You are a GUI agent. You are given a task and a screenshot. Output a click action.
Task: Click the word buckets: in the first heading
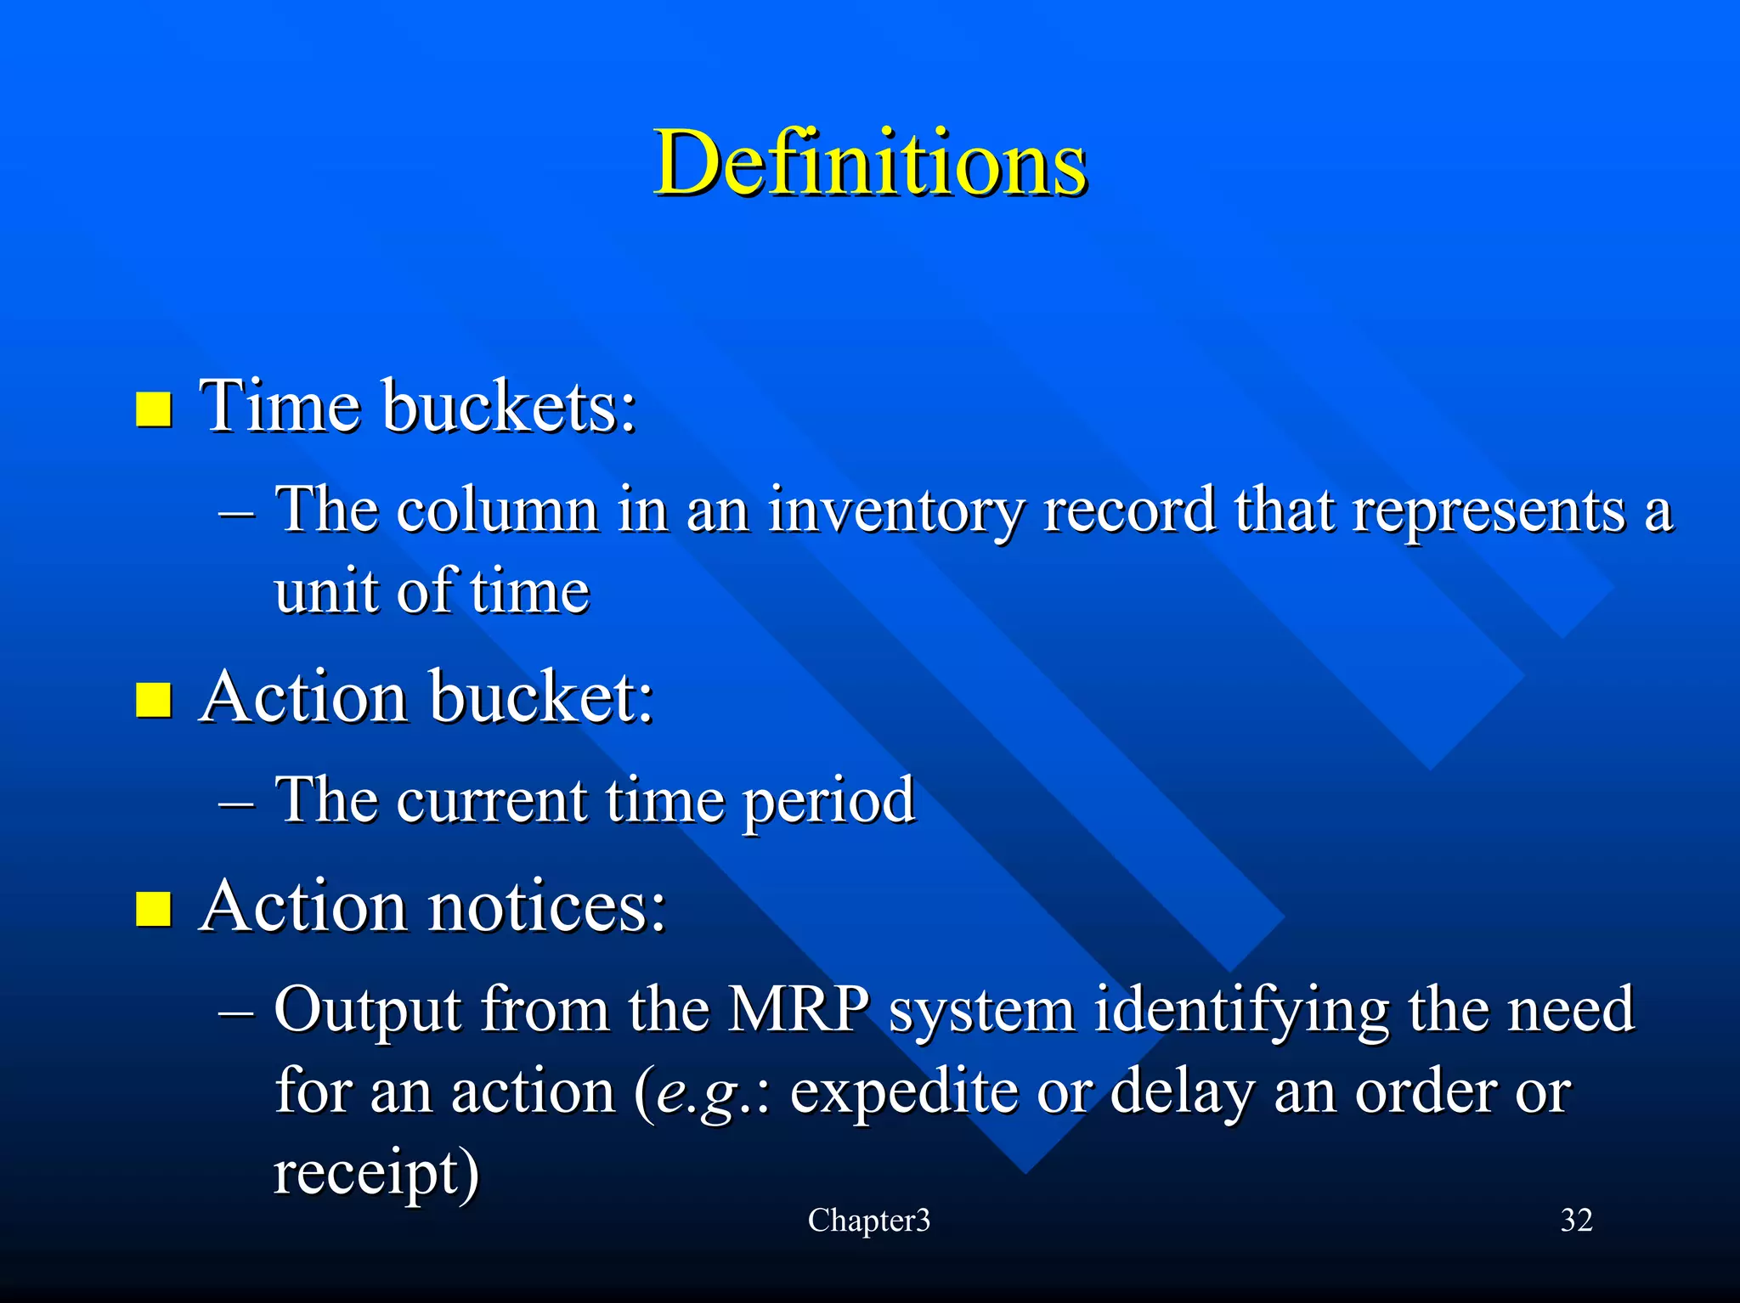tap(509, 406)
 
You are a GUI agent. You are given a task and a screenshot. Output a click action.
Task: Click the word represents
tap(1488, 511)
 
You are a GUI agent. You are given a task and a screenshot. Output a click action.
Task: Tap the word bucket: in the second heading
tap(541, 697)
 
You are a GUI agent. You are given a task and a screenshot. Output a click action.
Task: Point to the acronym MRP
tap(799, 1009)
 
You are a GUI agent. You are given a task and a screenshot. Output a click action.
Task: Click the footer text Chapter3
tap(868, 1221)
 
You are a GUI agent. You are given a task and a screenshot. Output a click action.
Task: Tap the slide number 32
tap(1576, 1221)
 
